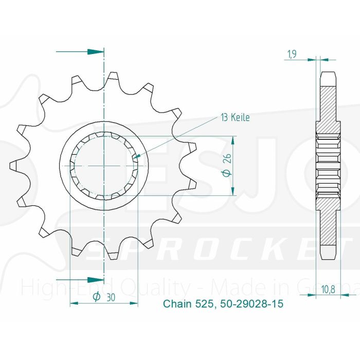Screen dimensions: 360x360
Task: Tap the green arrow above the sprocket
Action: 95,52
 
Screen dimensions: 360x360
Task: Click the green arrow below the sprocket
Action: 95,280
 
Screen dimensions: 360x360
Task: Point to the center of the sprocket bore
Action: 104,166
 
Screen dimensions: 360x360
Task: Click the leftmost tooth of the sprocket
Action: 14,166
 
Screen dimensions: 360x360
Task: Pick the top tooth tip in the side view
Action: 329,77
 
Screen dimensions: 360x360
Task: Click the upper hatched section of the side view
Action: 329,105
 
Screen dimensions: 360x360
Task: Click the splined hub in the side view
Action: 329,166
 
